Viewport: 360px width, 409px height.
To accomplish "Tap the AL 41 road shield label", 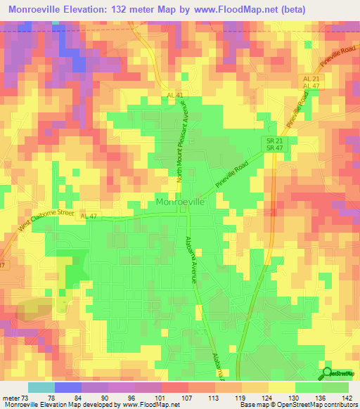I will (175, 95).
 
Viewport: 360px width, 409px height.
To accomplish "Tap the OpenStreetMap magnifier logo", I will (328, 373).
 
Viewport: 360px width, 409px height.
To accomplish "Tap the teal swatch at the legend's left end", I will (41, 387).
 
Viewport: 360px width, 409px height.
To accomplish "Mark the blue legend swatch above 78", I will (67, 387).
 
